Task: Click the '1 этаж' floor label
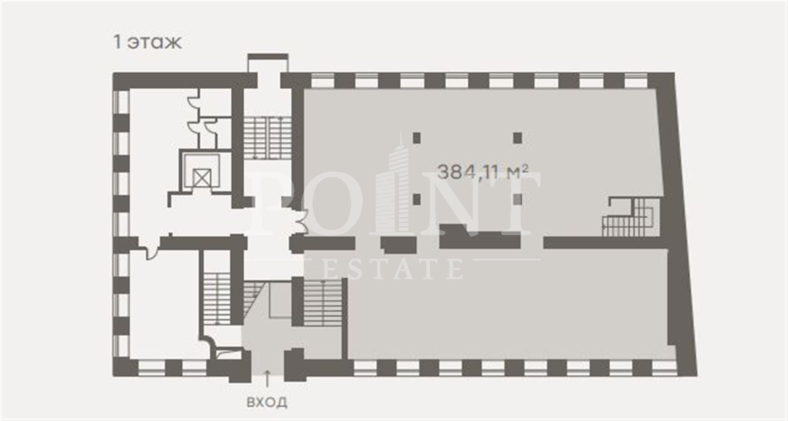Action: point(147,42)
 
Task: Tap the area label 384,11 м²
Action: point(482,172)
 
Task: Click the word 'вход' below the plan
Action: point(267,402)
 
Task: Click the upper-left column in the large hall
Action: point(417,137)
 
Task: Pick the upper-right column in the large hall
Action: point(518,137)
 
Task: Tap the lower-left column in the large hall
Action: point(417,199)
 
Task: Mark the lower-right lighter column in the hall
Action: point(518,199)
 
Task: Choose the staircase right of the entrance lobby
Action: point(323,302)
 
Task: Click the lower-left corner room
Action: point(164,304)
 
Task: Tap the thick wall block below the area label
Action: point(479,237)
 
